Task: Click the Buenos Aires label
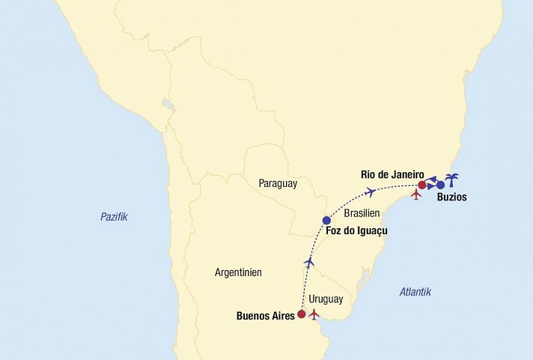tap(265, 316)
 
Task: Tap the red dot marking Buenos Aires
tap(302, 314)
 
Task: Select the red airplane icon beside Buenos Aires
tap(314, 314)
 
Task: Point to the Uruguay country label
tap(326, 299)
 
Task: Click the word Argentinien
tap(238, 272)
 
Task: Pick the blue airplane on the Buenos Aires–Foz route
tap(309, 262)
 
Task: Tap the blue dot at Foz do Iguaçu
tap(326, 220)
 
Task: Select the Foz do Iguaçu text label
tap(357, 232)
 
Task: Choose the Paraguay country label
tap(278, 183)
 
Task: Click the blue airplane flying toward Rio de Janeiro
tap(370, 192)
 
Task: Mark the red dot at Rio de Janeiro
tap(421, 184)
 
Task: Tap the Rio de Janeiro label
tap(392, 174)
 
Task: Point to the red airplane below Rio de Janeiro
tap(417, 195)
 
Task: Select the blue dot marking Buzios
tap(441, 185)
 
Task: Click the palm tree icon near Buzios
tap(452, 180)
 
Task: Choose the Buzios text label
tap(451, 198)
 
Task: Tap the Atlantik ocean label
tap(415, 292)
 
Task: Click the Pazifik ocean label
tap(115, 216)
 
